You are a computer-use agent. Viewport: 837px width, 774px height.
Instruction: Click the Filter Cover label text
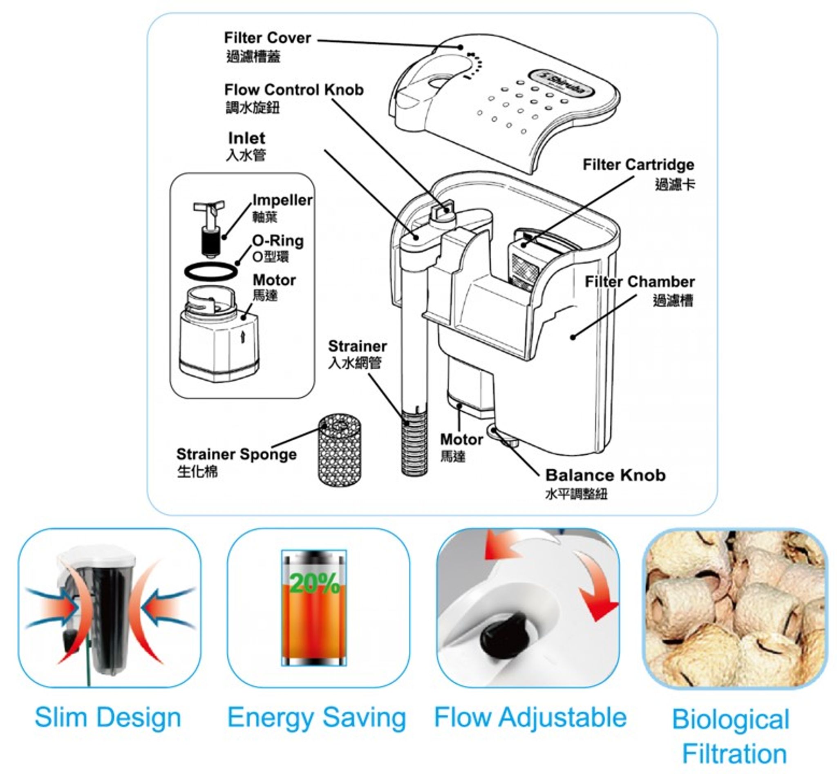coord(267,38)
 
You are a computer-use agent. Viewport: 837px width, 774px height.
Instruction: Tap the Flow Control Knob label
coord(294,89)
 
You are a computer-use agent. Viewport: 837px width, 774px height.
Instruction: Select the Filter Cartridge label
coord(638,165)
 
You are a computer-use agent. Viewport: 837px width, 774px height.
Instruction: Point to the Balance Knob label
coord(605,475)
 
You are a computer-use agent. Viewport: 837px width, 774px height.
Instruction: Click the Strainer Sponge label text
coord(236,454)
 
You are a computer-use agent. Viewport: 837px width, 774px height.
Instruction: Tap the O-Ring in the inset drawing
coord(211,271)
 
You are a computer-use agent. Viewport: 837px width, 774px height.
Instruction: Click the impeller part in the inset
coord(209,228)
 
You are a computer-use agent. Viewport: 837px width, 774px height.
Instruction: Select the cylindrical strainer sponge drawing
coord(340,450)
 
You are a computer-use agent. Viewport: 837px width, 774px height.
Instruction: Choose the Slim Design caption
coord(108,717)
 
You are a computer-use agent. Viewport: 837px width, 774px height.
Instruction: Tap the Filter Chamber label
coord(640,281)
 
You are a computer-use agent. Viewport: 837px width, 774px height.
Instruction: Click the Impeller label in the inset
coord(282,201)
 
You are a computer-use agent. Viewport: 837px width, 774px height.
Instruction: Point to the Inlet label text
coord(246,138)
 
